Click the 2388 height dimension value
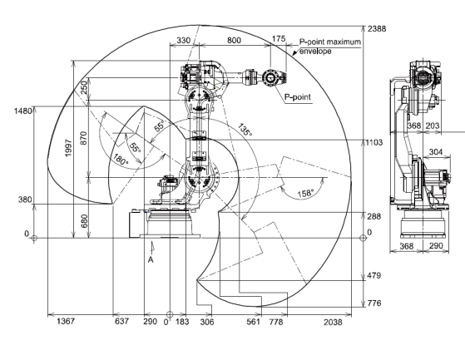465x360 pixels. pyautogui.click(x=377, y=29)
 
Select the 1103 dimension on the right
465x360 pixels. pyautogui.click(x=374, y=142)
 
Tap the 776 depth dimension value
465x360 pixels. pyautogui.click(x=374, y=303)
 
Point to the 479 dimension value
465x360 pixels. pyautogui.click(x=374, y=275)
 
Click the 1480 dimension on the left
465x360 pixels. pyautogui.click(x=22, y=111)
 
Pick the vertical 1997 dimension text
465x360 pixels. pyautogui.click(x=68, y=148)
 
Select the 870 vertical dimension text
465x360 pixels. pyautogui.click(x=84, y=138)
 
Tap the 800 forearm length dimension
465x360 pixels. pyautogui.click(x=234, y=40)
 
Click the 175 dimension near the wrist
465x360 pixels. pyautogui.click(x=279, y=39)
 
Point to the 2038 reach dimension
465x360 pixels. pyautogui.click(x=333, y=322)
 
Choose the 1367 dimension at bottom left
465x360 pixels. pyautogui.click(x=66, y=321)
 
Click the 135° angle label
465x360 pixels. pyautogui.click(x=245, y=130)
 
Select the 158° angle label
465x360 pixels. pyautogui.click(x=305, y=194)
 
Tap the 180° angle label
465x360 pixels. pyautogui.click(x=121, y=160)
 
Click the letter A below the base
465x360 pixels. pyautogui.click(x=151, y=260)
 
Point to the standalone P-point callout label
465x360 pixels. pyautogui.click(x=298, y=97)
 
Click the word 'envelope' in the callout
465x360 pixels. pyautogui.click(x=315, y=52)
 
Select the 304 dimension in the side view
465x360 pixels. pyautogui.click(x=436, y=152)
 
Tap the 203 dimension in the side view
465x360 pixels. pyautogui.click(x=432, y=126)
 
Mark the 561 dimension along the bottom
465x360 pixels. pyautogui.click(x=253, y=322)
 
